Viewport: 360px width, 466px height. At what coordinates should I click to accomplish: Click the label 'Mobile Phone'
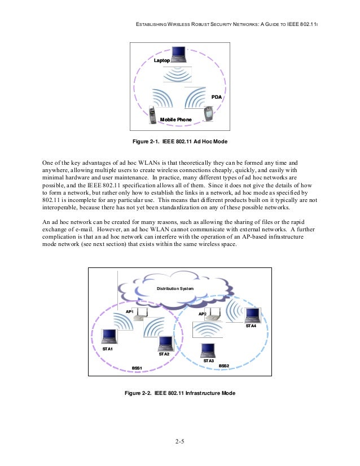coord(176,120)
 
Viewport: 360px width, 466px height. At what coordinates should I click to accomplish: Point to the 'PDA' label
coord(216,98)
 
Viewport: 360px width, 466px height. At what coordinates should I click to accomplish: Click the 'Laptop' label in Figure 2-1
coord(162,59)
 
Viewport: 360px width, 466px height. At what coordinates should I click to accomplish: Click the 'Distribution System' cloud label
coord(175,288)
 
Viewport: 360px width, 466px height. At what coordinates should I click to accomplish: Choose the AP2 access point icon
coord(213,315)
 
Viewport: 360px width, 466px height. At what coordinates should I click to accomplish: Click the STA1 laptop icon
coord(109,336)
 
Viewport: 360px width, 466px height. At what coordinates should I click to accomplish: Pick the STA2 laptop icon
coord(165,342)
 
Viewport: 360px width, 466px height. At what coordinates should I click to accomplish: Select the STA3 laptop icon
coord(209,349)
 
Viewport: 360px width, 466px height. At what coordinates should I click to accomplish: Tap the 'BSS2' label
coord(223,366)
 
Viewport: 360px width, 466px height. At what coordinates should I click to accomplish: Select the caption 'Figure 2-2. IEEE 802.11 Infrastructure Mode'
coord(179,392)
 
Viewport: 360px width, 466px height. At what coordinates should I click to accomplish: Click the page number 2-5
coord(179,441)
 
